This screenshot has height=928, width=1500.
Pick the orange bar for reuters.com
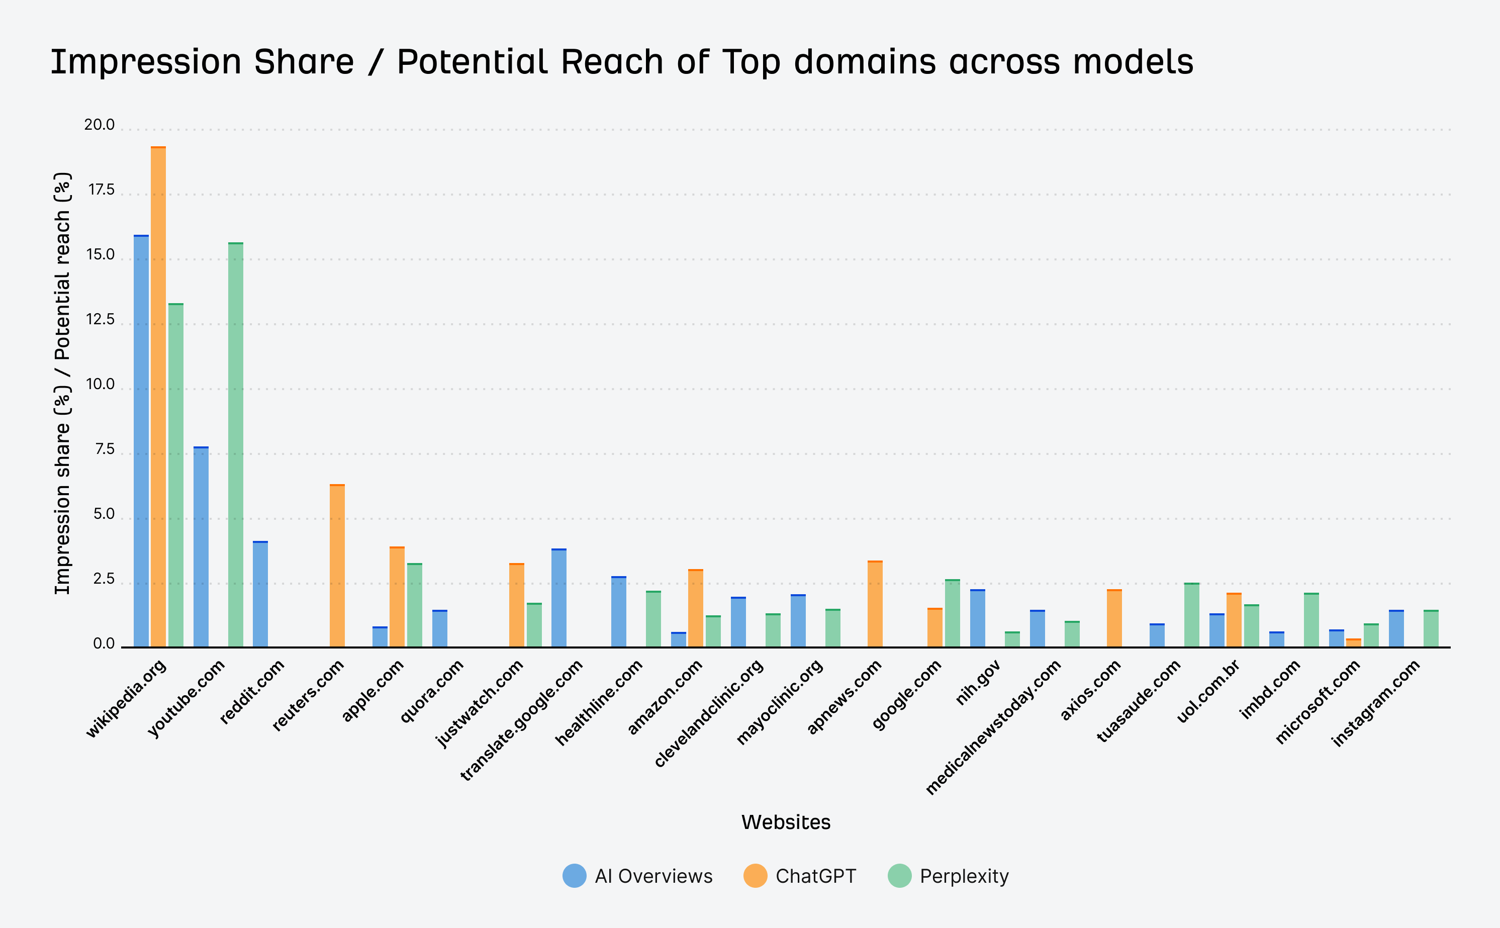(x=337, y=565)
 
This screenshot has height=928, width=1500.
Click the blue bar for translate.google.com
(x=558, y=598)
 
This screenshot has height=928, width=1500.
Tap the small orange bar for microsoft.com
(x=1353, y=642)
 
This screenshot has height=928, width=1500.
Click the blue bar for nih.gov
(x=978, y=619)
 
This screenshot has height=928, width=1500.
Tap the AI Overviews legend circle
(x=575, y=876)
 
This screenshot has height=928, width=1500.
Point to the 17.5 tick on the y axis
(x=101, y=190)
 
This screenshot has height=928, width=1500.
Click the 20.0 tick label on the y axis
(x=100, y=125)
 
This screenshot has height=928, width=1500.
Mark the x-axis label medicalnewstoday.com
(x=992, y=728)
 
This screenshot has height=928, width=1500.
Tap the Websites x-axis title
(x=786, y=822)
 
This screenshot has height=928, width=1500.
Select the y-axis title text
(x=63, y=384)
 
